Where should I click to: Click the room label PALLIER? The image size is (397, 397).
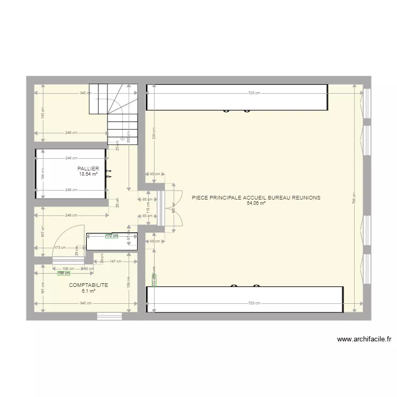click(88, 168)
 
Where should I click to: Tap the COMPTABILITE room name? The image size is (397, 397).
click(88, 285)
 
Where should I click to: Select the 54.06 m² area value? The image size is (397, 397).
click(256, 203)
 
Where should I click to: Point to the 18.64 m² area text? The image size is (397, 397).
click(88, 174)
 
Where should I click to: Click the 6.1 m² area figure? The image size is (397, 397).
click(88, 291)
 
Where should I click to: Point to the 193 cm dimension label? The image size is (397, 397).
click(43, 112)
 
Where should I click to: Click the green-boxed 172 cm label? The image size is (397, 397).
click(111, 236)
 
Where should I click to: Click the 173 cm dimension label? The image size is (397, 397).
click(60, 247)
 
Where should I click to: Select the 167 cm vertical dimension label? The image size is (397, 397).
click(43, 232)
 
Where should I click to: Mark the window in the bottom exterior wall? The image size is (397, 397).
click(110, 316)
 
